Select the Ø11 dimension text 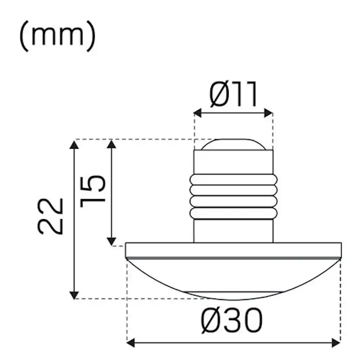(233, 95)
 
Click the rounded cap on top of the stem (233, 144)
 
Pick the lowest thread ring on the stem (233, 213)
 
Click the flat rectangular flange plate (233, 250)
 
